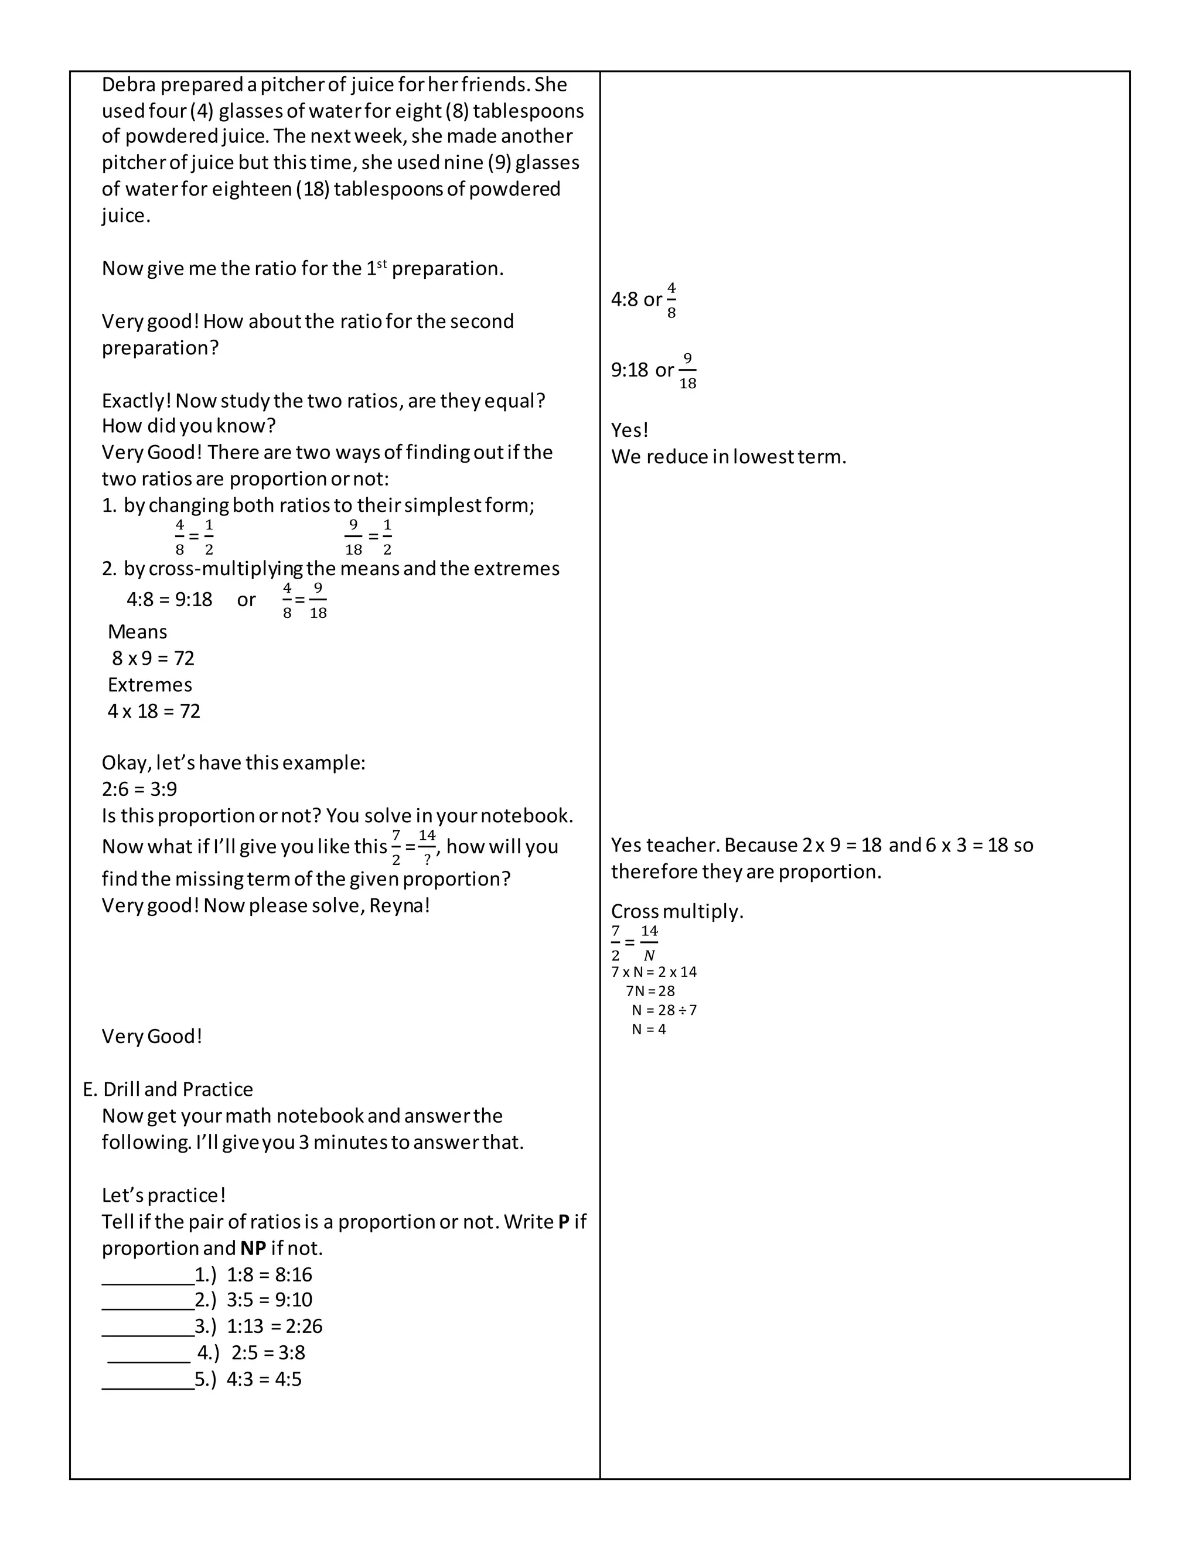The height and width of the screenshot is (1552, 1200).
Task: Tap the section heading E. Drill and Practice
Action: pyautogui.click(x=168, y=1089)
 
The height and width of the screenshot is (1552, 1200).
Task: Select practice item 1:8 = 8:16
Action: pyautogui.click(x=270, y=1274)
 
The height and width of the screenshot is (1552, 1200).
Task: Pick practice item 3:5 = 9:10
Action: pyautogui.click(x=270, y=1300)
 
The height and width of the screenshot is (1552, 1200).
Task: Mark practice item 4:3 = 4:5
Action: pyautogui.click(x=264, y=1379)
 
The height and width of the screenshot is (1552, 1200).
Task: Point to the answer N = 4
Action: pyautogui.click(x=649, y=1029)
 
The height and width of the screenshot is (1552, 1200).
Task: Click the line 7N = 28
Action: pyautogui.click(x=650, y=990)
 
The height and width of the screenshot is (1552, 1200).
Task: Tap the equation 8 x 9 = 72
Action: pyautogui.click(x=153, y=658)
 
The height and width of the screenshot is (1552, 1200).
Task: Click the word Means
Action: pyautogui.click(x=137, y=632)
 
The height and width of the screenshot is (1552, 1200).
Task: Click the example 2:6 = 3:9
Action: pyautogui.click(x=139, y=789)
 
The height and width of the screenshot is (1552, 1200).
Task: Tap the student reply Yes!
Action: pyautogui.click(x=630, y=430)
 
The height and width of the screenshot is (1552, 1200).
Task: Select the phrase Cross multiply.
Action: pyautogui.click(x=677, y=911)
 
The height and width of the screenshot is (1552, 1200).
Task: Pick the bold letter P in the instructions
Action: pyautogui.click(x=564, y=1222)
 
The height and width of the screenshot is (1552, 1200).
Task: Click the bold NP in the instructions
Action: pyautogui.click(x=253, y=1248)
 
